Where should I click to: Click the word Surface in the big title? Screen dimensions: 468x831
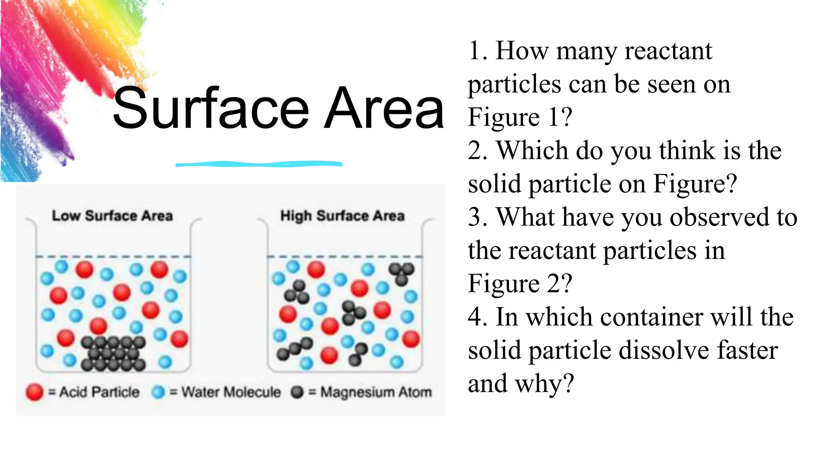[x=211, y=109]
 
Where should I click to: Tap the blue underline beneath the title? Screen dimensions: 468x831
[x=259, y=164]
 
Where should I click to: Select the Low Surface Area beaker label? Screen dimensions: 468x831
[x=112, y=216]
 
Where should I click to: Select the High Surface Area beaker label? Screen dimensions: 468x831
[x=342, y=216]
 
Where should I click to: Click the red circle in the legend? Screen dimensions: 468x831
[x=34, y=392]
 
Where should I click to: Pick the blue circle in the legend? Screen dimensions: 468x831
[x=158, y=392]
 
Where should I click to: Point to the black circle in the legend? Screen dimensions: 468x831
[x=297, y=392]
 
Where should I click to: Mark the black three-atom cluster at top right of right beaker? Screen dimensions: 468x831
[x=401, y=273]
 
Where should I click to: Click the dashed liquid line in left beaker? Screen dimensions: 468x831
[x=113, y=256]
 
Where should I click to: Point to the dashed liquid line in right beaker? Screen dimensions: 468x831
[x=344, y=256]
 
